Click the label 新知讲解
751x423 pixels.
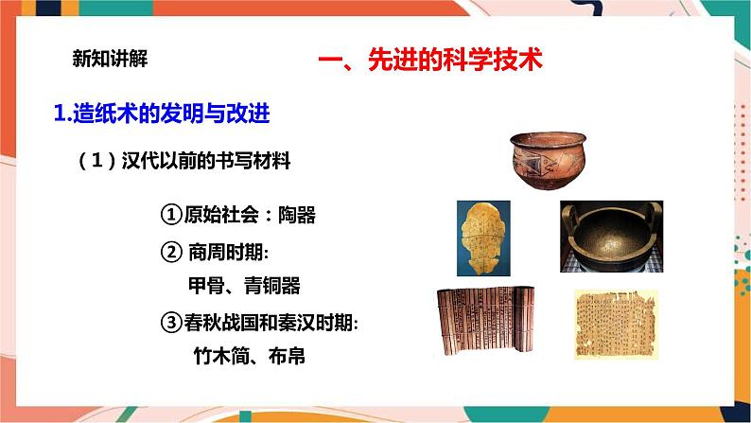coord(110,59)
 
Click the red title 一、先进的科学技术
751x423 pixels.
coord(430,61)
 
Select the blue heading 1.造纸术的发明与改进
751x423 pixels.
coord(162,114)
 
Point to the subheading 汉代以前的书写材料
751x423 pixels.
coord(205,161)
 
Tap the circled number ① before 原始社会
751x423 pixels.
coord(171,215)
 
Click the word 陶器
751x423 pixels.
coord(297,215)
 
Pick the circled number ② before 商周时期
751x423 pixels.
coord(171,252)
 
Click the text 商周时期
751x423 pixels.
coord(226,252)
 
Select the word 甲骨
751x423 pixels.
coord(206,286)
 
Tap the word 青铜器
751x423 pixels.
coord(272,286)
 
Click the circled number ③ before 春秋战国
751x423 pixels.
coord(171,323)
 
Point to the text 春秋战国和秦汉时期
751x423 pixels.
coord(269,323)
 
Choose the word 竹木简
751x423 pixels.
coord(221,356)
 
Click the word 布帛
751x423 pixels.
coord(287,356)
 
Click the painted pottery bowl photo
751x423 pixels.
coord(548,161)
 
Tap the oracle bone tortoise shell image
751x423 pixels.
coord(483,238)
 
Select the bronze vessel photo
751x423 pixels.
coord(612,237)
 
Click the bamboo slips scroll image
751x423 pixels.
coord(484,322)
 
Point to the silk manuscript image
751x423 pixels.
coord(616,325)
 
